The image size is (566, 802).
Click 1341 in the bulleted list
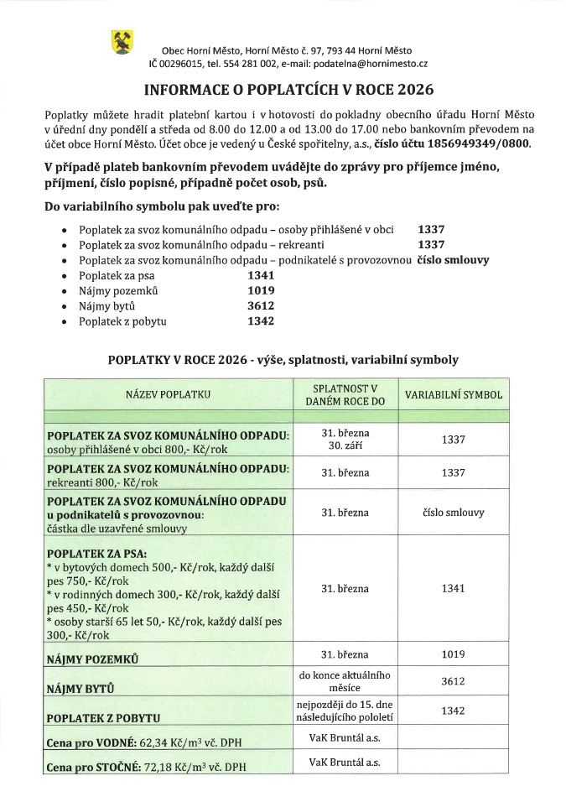coord(262,275)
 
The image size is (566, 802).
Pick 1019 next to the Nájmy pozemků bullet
coord(262,290)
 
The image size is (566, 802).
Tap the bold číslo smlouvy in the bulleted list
coord(453,260)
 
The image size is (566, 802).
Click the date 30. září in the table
coord(345,445)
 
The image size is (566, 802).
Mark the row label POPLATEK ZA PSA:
coord(98,553)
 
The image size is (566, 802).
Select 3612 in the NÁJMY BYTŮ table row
coord(453,682)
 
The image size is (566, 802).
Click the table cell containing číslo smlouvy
coord(453,511)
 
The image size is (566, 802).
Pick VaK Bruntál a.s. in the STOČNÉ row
coord(345,763)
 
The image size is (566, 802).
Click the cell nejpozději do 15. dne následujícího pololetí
coord(345,711)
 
